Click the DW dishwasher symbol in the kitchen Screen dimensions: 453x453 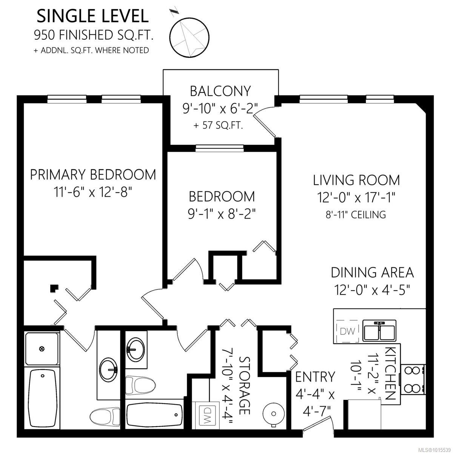[x=347, y=331]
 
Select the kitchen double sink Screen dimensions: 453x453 [x=379, y=331]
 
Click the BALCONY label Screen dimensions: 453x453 [x=220, y=91]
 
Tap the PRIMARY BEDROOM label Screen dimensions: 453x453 [x=93, y=175]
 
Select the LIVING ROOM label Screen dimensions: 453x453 [x=356, y=180]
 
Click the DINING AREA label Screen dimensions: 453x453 [x=372, y=272]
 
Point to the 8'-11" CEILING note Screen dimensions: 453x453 [x=356, y=215]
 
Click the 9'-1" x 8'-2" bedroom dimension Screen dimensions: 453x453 [x=222, y=214]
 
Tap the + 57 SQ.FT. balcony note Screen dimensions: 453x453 [x=218, y=125]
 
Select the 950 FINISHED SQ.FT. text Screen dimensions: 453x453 [x=94, y=35]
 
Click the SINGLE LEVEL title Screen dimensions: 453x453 [x=92, y=16]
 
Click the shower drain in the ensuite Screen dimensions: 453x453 [x=42, y=349]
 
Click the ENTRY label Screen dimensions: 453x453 [x=315, y=377]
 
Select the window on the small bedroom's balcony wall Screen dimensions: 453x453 [x=220, y=148]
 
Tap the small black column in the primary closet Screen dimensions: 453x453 [x=54, y=288]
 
